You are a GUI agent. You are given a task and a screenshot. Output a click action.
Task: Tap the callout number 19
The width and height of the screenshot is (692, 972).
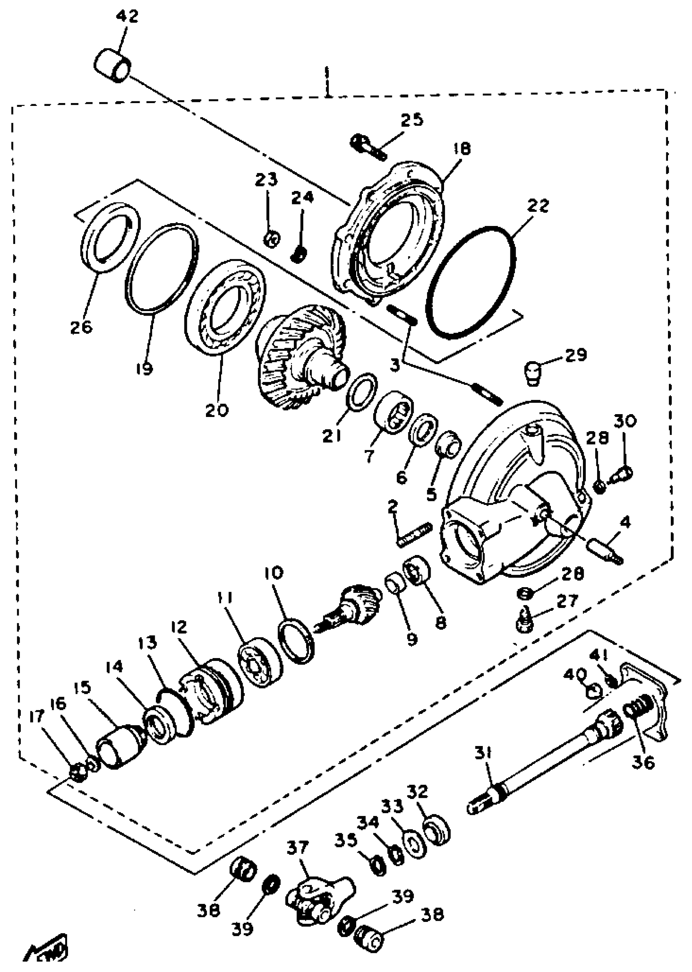145,367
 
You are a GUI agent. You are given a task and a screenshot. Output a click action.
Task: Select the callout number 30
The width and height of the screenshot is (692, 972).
625,420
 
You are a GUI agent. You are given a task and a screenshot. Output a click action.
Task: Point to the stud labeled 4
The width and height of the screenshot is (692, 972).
606,550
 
